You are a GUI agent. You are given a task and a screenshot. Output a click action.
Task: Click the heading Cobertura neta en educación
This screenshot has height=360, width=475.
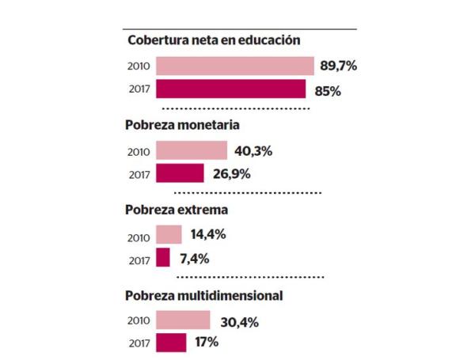213,40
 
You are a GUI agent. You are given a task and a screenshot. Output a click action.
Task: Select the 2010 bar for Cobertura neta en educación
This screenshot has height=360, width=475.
235,66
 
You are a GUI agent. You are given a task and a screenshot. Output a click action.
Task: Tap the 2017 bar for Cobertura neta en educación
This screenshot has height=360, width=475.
231,89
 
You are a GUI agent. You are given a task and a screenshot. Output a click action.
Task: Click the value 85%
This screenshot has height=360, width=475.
327,90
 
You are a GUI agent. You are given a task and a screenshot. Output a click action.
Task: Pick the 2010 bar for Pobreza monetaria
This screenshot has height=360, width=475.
192,150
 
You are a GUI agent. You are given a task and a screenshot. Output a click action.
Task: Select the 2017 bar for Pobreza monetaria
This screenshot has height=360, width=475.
180,173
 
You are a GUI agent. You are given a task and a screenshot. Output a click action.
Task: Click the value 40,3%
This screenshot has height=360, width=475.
253,150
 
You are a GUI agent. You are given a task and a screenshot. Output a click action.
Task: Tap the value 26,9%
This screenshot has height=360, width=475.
230,173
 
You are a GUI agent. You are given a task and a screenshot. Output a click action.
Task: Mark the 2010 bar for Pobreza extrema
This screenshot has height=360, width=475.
169,234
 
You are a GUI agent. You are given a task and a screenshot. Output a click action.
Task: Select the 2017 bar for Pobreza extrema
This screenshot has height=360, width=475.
163,258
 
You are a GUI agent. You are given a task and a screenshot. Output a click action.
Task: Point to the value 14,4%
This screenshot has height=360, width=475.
208,234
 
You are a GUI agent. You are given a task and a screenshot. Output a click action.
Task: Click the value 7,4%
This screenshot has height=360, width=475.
193,258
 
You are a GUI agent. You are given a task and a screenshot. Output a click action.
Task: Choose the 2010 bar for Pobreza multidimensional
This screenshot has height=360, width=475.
183,320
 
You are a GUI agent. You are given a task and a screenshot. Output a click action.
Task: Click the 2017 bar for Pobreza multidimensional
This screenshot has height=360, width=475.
171,343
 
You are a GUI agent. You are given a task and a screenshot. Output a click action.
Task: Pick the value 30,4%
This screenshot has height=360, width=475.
237,320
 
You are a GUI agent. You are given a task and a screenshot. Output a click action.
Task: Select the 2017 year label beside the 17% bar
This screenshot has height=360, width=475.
139,343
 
